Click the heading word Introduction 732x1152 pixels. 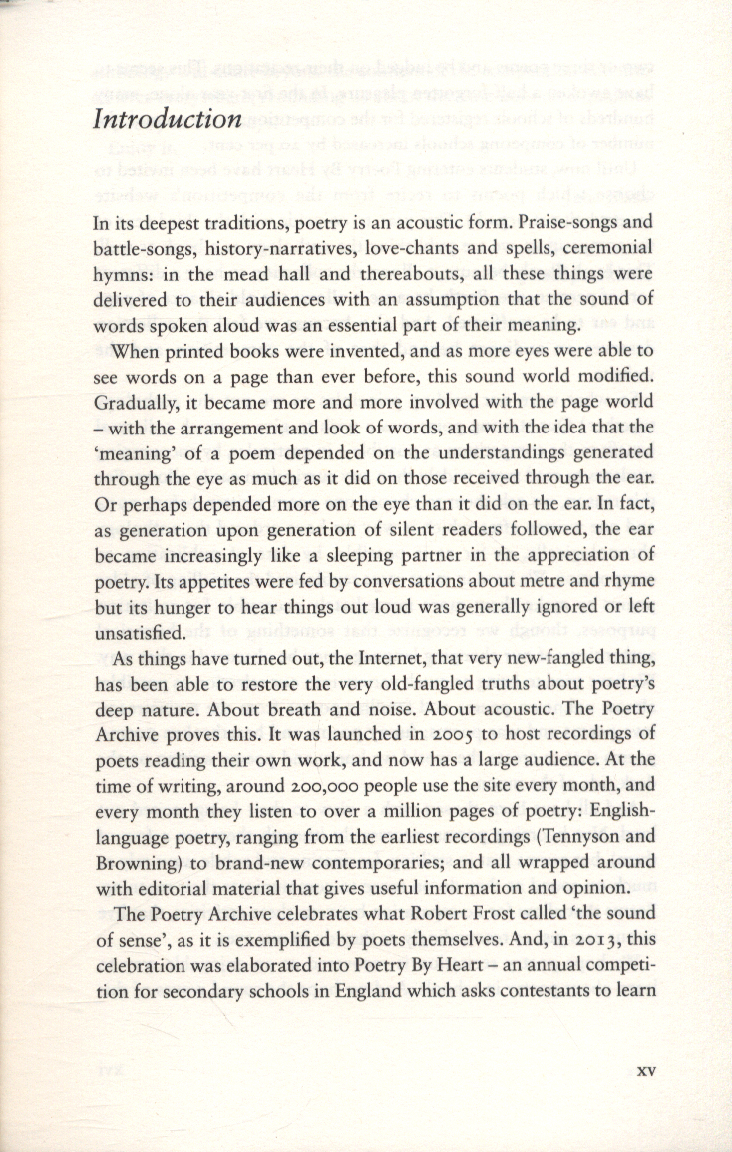(168, 120)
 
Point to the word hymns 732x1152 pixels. (122, 273)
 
